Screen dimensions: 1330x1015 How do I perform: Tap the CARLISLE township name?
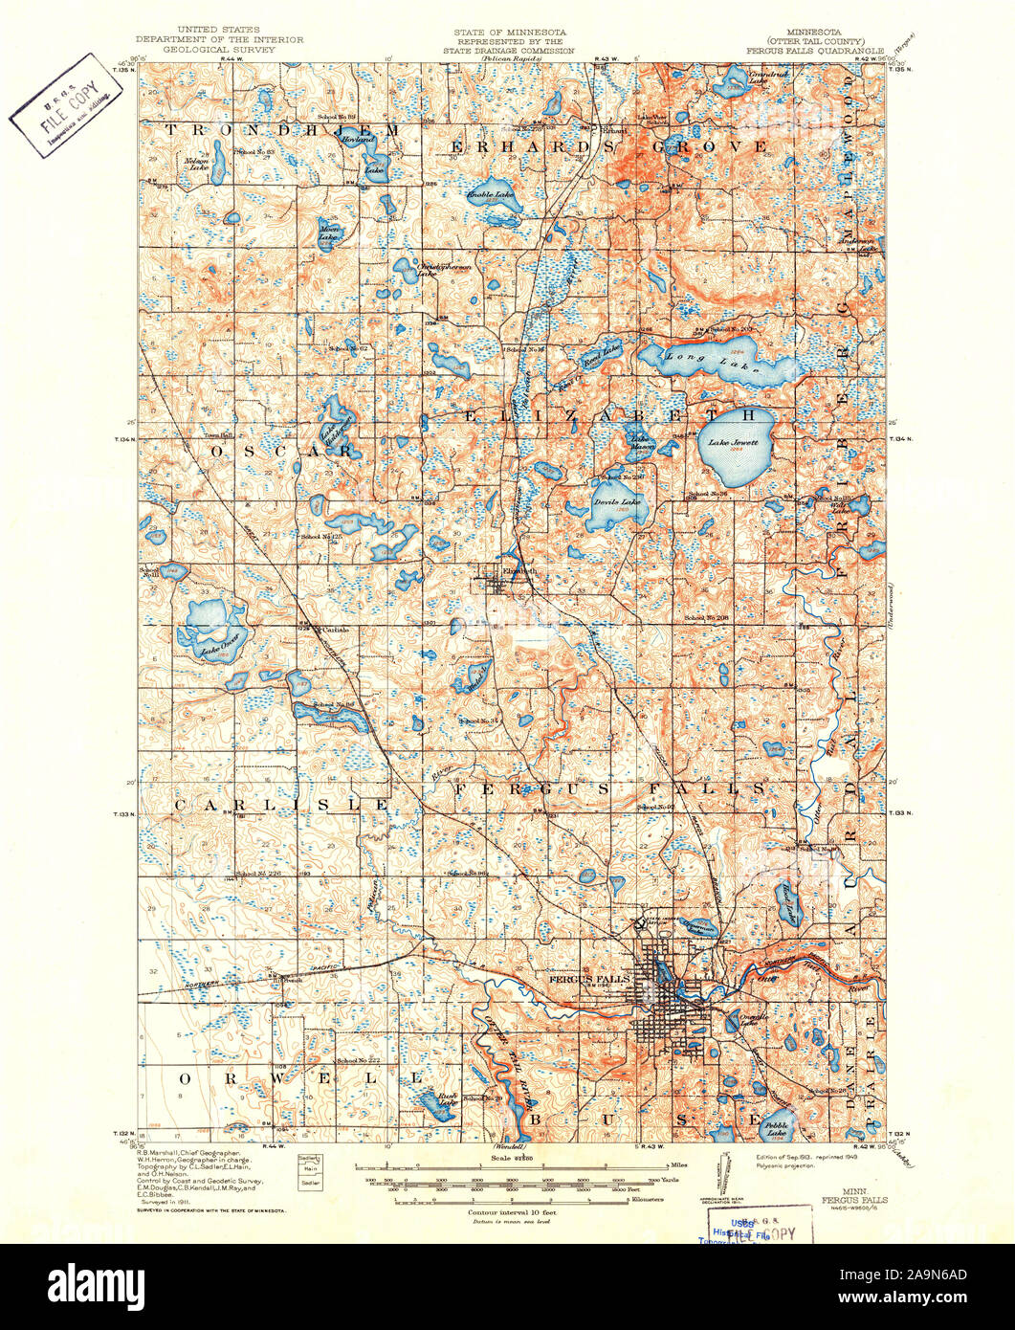pos(282,806)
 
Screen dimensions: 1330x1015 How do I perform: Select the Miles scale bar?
pos(517,1167)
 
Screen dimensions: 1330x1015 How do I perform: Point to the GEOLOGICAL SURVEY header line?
pos(219,49)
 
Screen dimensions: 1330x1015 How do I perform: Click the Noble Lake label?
pos(490,195)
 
